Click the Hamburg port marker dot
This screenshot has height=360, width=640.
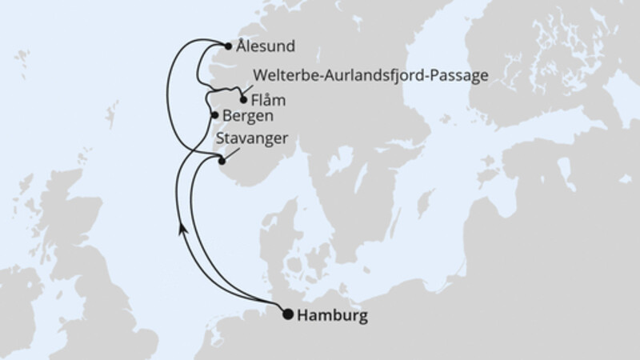(x=288, y=314)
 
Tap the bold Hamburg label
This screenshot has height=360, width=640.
(x=332, y=316)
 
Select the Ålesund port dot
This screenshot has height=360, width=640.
(x=228, y=46)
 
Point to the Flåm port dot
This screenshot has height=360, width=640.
(x=243, y=100)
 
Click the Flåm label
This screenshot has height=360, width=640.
(x=268, y=102)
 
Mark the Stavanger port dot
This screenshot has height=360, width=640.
(x=222, y=161)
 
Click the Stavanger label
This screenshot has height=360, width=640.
(x=251, y=138)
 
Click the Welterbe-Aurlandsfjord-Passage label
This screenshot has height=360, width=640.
(x=369, y=76)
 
